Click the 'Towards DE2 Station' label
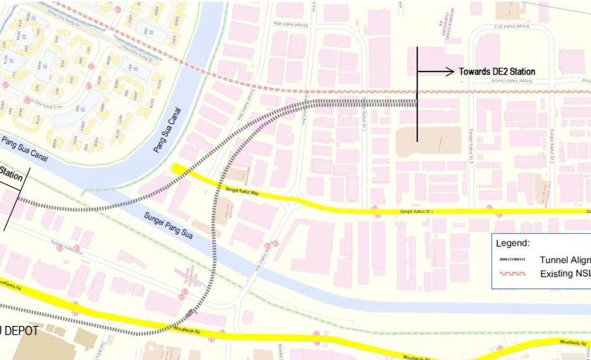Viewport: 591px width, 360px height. (x=497, y=72)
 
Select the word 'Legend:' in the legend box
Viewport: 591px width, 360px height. (x=512, y=243)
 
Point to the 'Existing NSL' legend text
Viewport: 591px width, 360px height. (x=565, y=274)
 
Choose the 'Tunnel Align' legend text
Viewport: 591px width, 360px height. (x=565, y=260)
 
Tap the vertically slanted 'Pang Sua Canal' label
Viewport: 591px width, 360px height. (x=169, y=130)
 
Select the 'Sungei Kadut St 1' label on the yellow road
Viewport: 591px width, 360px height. (x=417, y=211)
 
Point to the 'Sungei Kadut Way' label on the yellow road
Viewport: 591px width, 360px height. (x=242, y=190)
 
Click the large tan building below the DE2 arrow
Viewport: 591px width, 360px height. (x=429, y=142)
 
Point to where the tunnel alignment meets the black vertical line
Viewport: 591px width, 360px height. (x=417, y=102)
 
